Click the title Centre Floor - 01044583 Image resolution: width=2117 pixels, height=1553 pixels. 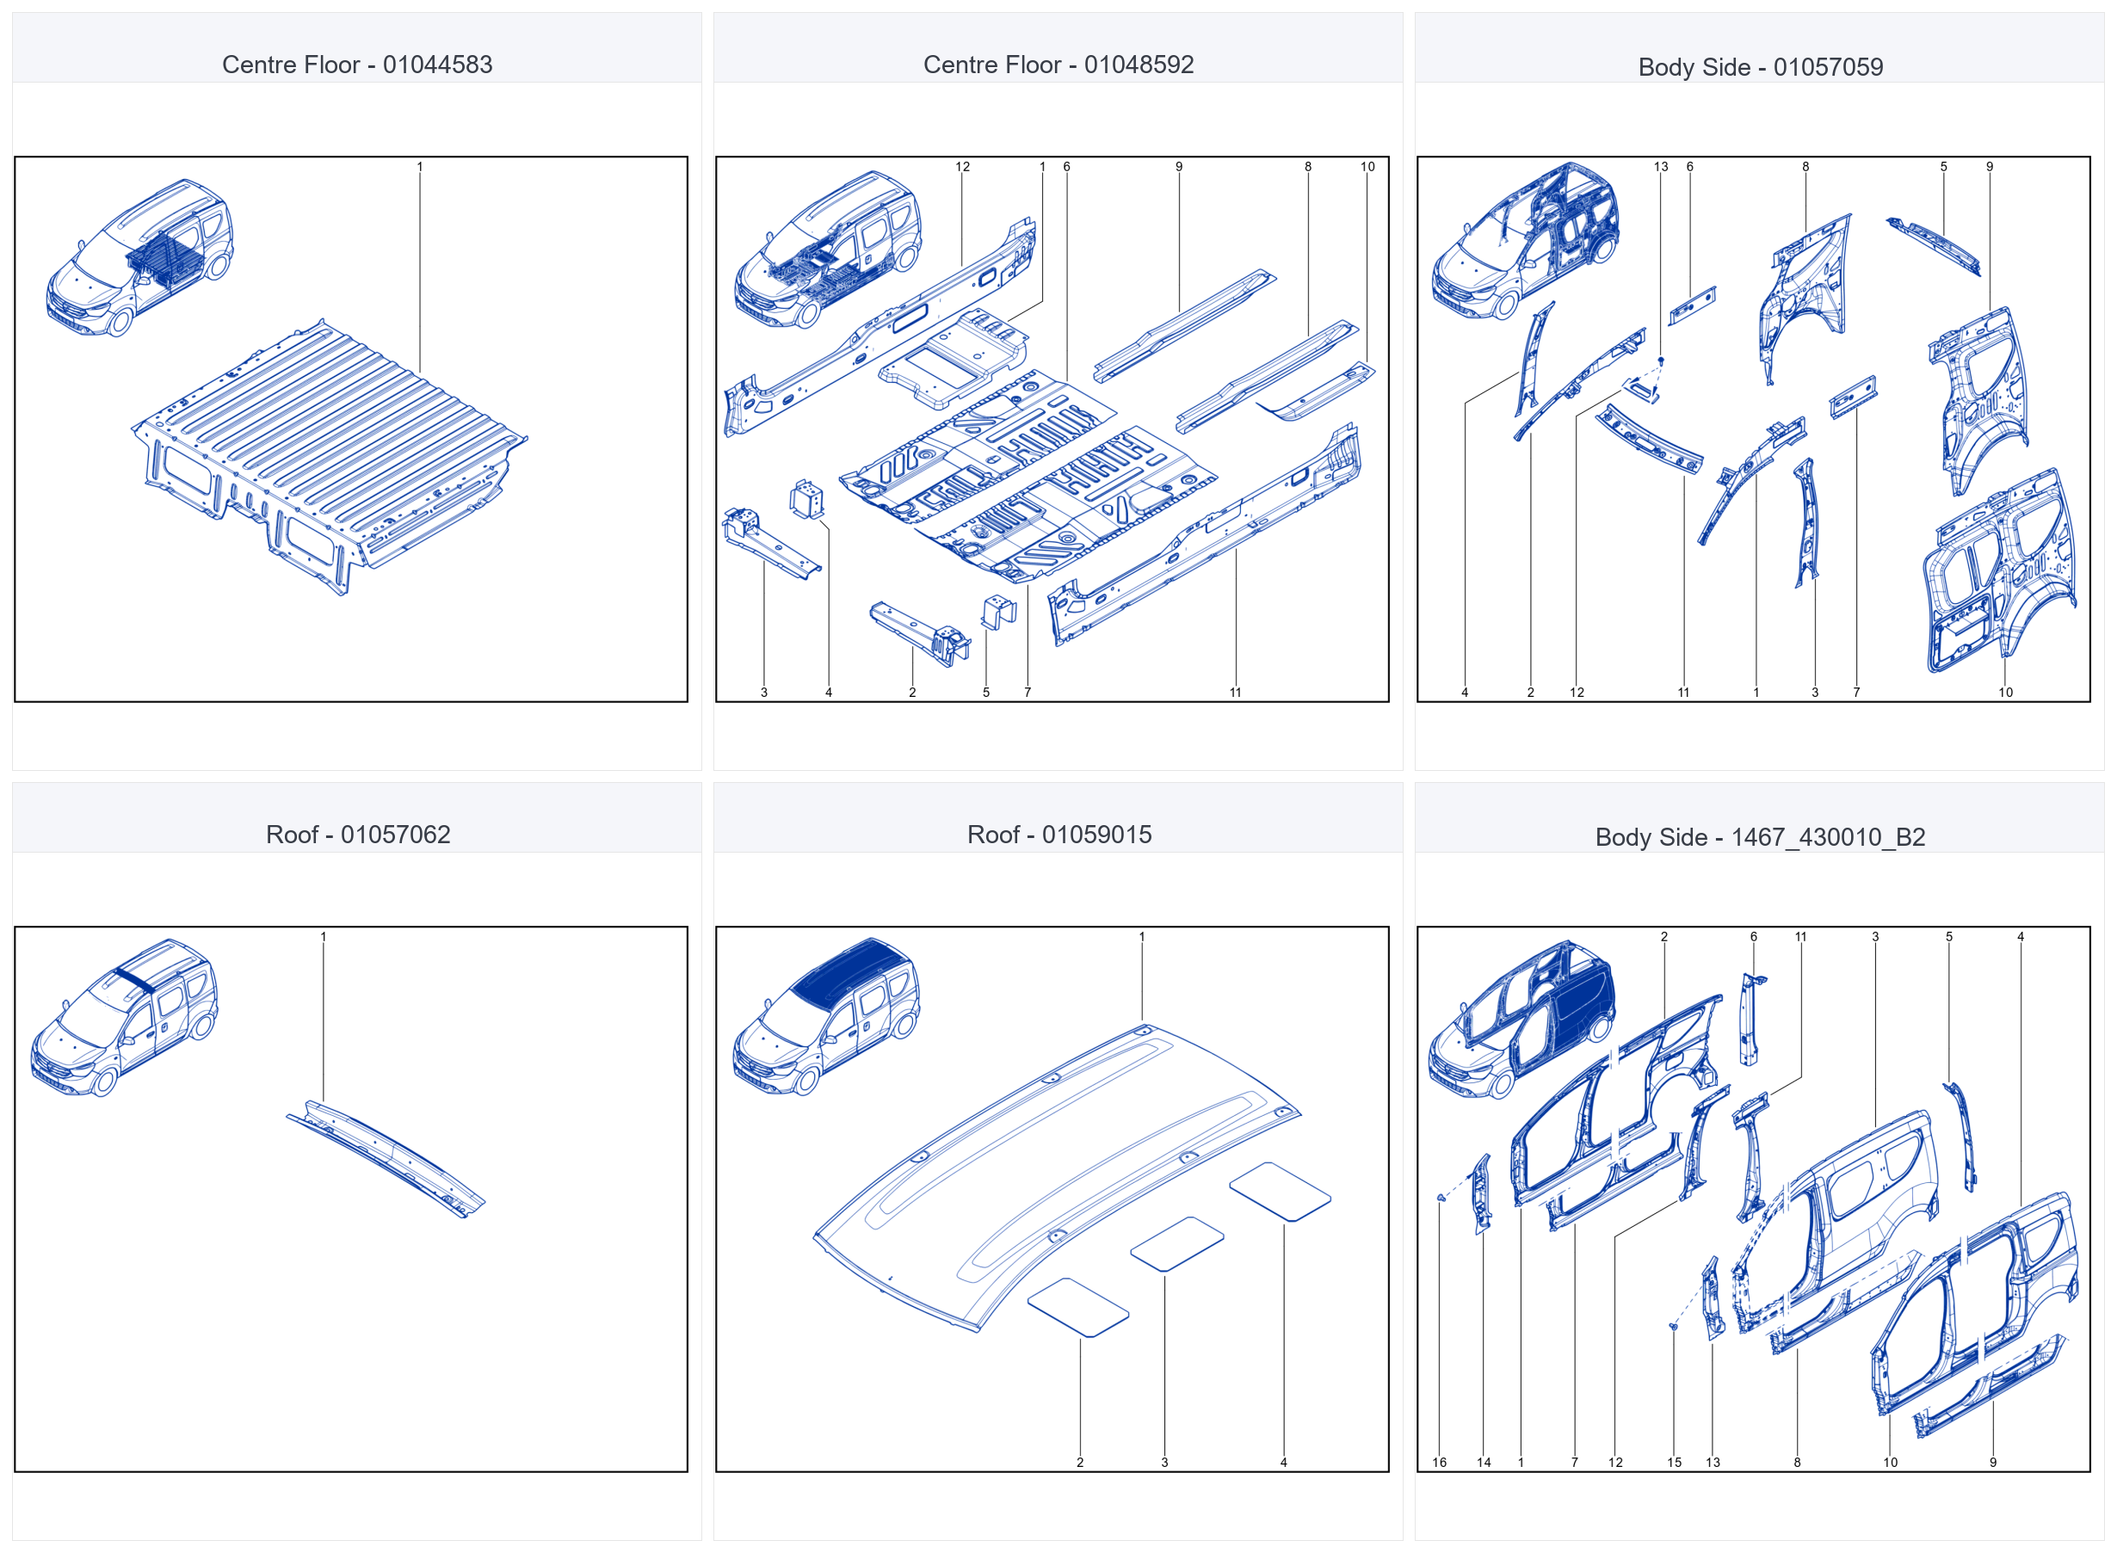357,65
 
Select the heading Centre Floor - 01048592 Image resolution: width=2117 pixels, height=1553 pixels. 1058,65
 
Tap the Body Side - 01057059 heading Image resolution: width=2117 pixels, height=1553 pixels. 1761,68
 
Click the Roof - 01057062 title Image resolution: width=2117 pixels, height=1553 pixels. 358,835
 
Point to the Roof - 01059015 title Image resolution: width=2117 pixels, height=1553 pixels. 1059,835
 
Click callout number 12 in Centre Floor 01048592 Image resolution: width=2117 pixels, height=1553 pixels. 963,167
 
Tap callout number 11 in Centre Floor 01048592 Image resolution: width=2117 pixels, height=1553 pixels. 1235,693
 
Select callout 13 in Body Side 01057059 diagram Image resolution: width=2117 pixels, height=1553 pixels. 1661,167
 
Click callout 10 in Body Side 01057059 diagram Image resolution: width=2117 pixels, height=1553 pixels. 2005,693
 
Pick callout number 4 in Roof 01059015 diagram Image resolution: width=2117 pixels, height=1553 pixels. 1283,1463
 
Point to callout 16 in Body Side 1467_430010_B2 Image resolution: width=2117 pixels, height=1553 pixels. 1439,1463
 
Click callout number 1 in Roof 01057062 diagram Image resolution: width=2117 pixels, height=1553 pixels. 324,937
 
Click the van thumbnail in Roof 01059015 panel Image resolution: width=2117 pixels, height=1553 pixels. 826,1017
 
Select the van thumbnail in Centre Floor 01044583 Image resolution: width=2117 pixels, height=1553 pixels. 139,257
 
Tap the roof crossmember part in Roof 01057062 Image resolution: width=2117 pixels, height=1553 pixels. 386,1158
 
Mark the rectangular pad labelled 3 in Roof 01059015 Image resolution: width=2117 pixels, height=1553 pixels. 1177,1245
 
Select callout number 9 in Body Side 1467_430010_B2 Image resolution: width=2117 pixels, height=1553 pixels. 1993,1463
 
